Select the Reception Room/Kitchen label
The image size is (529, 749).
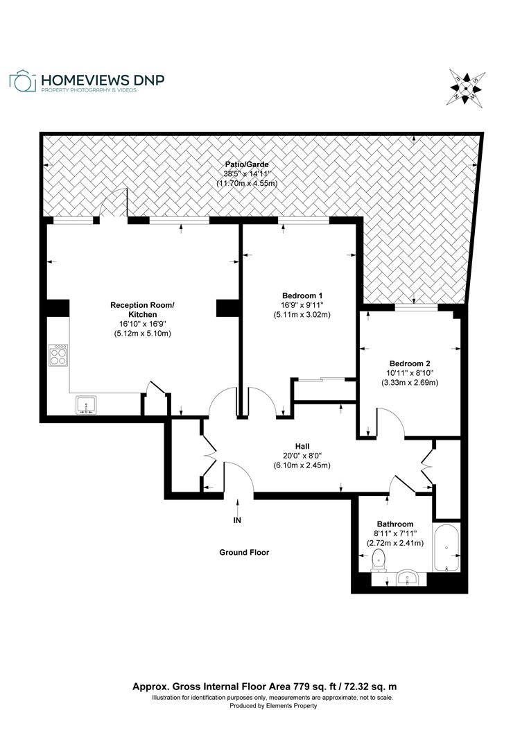point(142,309)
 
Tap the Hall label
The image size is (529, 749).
point(302,446)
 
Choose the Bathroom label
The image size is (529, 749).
point(395,524)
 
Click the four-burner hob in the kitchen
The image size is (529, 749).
point(58,355)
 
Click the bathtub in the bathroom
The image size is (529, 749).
point(447,549)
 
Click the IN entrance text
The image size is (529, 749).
point(238,519)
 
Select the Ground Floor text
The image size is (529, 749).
point(243,553)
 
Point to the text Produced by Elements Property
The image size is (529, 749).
point(273,706)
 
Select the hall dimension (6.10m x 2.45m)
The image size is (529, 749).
point(302,465)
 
